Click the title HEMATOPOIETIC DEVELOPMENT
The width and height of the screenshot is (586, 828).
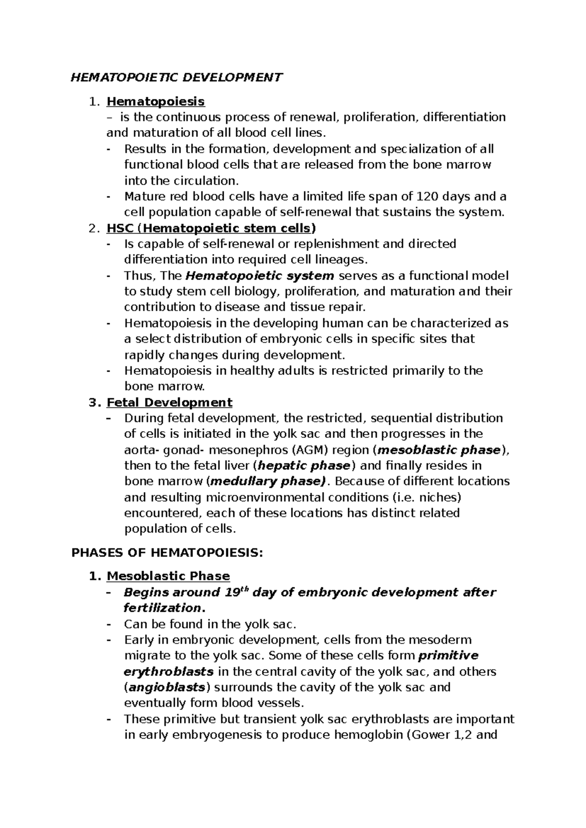[177, 78]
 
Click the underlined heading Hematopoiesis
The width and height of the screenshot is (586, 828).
[156, 102]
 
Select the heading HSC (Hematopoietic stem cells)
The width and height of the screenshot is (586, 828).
[211, 228]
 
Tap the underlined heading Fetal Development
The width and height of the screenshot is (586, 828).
[169, 402]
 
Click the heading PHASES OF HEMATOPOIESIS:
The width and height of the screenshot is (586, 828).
[167, 553]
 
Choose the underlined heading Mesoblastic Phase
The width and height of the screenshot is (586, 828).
[168, 576]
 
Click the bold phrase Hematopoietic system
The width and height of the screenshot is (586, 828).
[260, 275]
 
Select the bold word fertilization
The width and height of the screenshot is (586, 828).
[162, 608]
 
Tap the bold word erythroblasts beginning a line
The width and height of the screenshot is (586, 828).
[168, 671]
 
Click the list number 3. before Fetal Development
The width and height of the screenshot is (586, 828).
[94, 402]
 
